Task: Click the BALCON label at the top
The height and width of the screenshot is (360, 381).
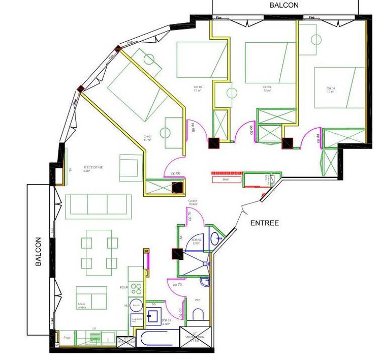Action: [x=284, y=5]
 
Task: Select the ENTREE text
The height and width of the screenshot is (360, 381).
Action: [x=265, y=223]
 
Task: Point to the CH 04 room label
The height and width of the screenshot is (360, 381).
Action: [x=331, y=90]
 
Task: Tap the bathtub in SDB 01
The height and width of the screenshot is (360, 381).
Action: [x=157, y=338]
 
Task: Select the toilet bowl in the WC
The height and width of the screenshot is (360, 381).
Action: [x=198, y=314]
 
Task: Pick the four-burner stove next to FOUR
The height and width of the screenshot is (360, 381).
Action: [x=136, y=289]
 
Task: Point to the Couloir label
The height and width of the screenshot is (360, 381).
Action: [x=193, y=202]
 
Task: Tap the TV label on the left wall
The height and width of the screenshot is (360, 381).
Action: [x=70, y=169]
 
